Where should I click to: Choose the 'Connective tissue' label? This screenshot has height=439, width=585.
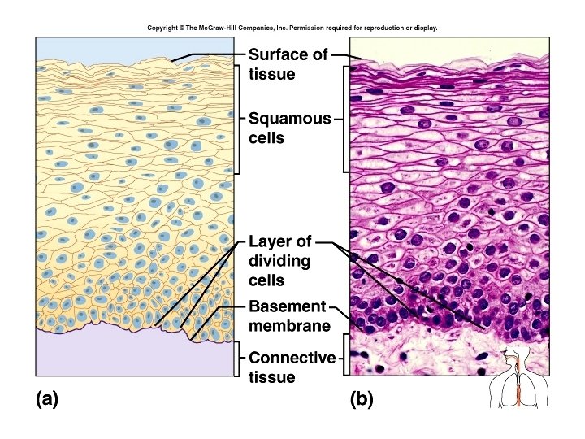coord(292,367)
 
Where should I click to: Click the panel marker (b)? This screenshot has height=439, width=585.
coord(362,399)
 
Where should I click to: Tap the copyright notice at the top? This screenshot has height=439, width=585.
coord(292,28)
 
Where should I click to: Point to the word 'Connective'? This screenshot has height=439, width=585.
coord(292,358)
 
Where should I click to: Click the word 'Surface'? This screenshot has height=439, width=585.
coord(276,55)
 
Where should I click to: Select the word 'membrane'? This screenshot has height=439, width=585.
coord(289,326)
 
